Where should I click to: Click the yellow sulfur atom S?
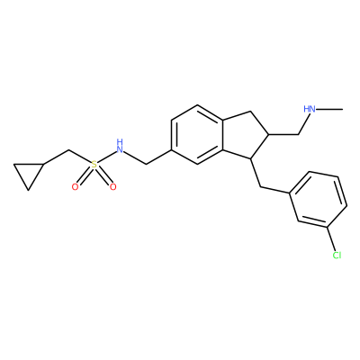coord(94,165)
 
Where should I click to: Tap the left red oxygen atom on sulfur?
coord(75,187)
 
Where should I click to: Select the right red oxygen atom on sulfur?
coord(112,187)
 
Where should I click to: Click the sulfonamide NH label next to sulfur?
coord(120,146)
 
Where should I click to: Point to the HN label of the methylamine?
coord(310,109)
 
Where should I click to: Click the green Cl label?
coord(337,255)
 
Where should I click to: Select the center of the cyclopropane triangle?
coord(29,173)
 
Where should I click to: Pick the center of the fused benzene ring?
coord(197,134)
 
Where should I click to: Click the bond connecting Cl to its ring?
coord(331,238)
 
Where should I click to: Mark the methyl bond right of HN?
coord(329,110)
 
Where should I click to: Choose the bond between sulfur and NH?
coord(107,157)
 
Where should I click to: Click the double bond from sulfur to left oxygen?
coord(85,176)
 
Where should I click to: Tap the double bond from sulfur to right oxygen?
coord(103,176)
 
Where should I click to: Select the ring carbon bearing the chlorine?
coord(327,227)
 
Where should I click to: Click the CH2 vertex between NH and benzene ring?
coord(146,164)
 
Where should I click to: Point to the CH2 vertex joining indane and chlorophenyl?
coord(260,187)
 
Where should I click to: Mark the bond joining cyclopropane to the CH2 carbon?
coord(57,157)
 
